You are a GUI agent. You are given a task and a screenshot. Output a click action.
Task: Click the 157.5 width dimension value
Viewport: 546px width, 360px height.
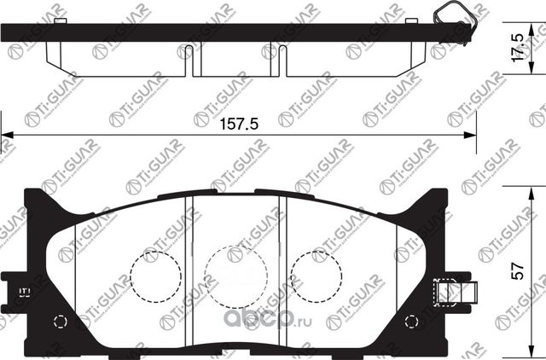(x=240, y=123)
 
